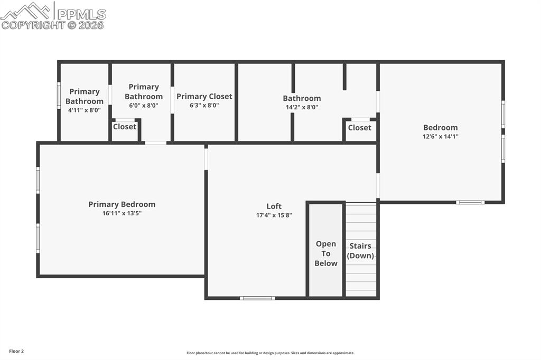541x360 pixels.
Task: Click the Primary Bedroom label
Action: pyautogui.click(x=122, y=204)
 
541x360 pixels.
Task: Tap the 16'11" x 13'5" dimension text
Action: pyautogui.click(x=122, y=213)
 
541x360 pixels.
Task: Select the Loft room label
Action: pyautogui.click(x=274, y=206)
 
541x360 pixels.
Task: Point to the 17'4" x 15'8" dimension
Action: pyautogui.click(x=274, y=215)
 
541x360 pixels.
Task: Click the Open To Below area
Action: pyautogui.click(x=325, y=253)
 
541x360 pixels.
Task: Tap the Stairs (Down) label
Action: pyautogui.click(x=360, y=251)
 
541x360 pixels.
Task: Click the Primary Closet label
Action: pyautogui.click(x=204, y=96)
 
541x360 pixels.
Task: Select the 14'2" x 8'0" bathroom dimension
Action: pyautogui.click(x=302, y=107)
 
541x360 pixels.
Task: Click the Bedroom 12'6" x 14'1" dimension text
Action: pyautogui.click(x=440, y=136)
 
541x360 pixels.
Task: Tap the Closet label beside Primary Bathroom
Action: pyautogui.click(x=125, y=127)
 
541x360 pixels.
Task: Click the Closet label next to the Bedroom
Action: pyautogui.click(x=359, y=128)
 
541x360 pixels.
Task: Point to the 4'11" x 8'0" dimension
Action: pyautogui.click(x=84, y=110)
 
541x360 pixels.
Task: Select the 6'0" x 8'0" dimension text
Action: pyautogui.click(x=143, y=106)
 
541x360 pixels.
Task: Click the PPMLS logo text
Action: pyautogui.click(x=80, y=14)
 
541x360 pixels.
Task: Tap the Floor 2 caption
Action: pyautogui.click(x=16, y=351)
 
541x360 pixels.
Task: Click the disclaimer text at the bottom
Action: pyautogui.click(x=270, y=353)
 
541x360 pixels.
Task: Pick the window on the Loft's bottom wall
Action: pyautogui.click(x=257, y=298)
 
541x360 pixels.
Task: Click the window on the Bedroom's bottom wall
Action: pyautogui.click(x=470, y=202)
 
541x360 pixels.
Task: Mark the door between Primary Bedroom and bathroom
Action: pyautogui.click(x=155, y=143)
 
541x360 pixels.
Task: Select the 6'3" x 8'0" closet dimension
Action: pyautogui.click(x=204, y=106)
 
